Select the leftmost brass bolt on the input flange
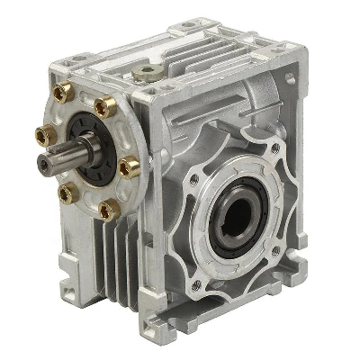[40, 135]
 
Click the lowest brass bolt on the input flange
[108, 209]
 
